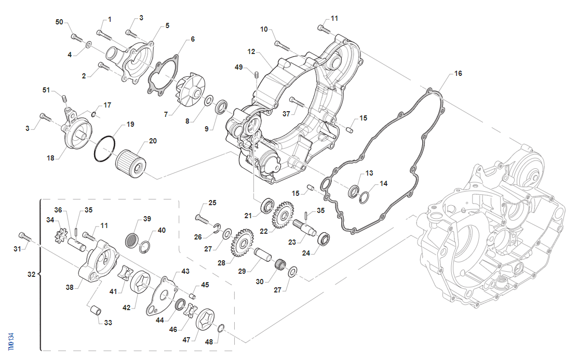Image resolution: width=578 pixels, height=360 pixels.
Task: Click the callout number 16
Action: (458, 74)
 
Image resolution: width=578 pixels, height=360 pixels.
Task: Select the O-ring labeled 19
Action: (106, 148)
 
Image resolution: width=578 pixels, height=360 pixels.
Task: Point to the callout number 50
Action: (59, 22)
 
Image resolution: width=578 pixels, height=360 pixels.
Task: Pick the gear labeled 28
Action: (240, 244)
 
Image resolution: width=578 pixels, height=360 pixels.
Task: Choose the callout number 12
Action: (251, 52)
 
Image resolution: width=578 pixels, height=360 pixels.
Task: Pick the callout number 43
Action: (185, 272)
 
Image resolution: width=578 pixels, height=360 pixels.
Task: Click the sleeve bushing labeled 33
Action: (96, 310)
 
